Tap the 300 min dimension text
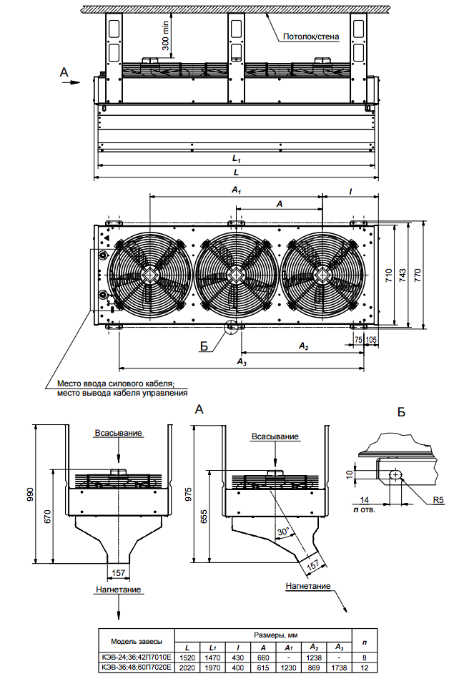tap(166, 35)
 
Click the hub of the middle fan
tap(236, 274)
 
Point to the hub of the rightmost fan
tap(323, 274)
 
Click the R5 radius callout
tap(439, 500)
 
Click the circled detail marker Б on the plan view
tap(232, 328)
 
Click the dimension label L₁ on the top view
tap(236, 157)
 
